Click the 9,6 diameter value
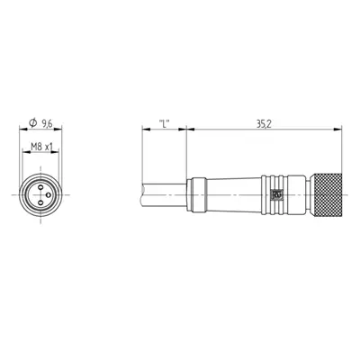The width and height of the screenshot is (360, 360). (47, 122)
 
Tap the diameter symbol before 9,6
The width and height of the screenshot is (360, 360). (32, 122)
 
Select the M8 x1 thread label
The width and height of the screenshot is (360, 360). (41, 147)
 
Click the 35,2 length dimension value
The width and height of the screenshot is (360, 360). (264, 124)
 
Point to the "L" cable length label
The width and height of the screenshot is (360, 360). (164, 123)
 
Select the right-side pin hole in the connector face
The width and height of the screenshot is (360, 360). (48, 195)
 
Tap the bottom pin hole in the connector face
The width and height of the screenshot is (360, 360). (40, 203)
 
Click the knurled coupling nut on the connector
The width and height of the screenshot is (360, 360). (327, 194)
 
